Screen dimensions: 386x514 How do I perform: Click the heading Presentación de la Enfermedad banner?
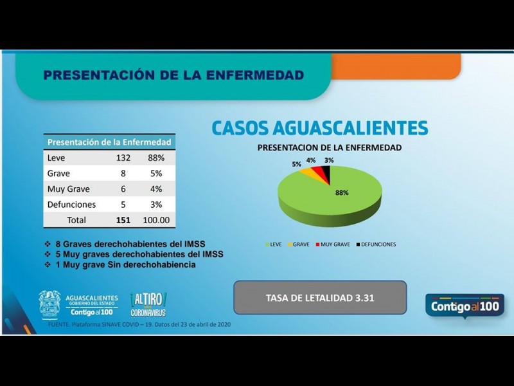coord(173,75)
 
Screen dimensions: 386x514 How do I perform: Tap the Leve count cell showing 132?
coord(123,158)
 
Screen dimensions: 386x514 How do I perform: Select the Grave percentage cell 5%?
coord(155,174)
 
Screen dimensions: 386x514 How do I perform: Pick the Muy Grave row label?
coord(69,189)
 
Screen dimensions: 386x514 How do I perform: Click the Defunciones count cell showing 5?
coord(123,205)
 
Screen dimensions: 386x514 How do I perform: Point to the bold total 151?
coord(123,220)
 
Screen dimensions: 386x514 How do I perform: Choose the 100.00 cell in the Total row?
coord(155,220)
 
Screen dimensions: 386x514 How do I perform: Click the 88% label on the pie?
coord(341,192)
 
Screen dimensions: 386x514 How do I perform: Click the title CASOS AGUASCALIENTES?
coord(319,127)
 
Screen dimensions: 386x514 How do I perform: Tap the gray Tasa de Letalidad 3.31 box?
coord(319,298)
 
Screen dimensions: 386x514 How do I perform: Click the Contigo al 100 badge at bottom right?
coord(465,306)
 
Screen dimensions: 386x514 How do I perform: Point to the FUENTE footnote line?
coord(139,324)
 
